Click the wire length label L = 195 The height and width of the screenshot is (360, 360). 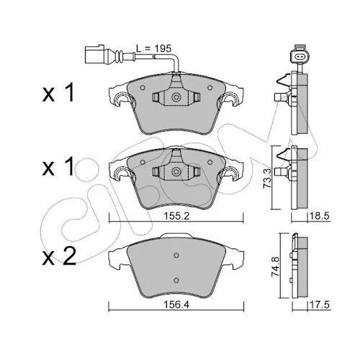point(154,49)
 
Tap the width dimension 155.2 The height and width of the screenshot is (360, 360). point(176,216)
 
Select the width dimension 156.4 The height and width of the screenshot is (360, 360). point(176,305)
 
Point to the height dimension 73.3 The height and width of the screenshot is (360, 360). point(267,178)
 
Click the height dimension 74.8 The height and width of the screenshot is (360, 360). point(275,266)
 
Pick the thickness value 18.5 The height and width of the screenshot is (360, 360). point(320,216)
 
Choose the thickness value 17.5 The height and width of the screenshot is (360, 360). point(320,305)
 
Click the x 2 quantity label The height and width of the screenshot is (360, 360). point(59,257)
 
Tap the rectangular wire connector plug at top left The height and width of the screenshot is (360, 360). point(94,55)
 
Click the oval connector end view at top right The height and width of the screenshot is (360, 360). point(300,57)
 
